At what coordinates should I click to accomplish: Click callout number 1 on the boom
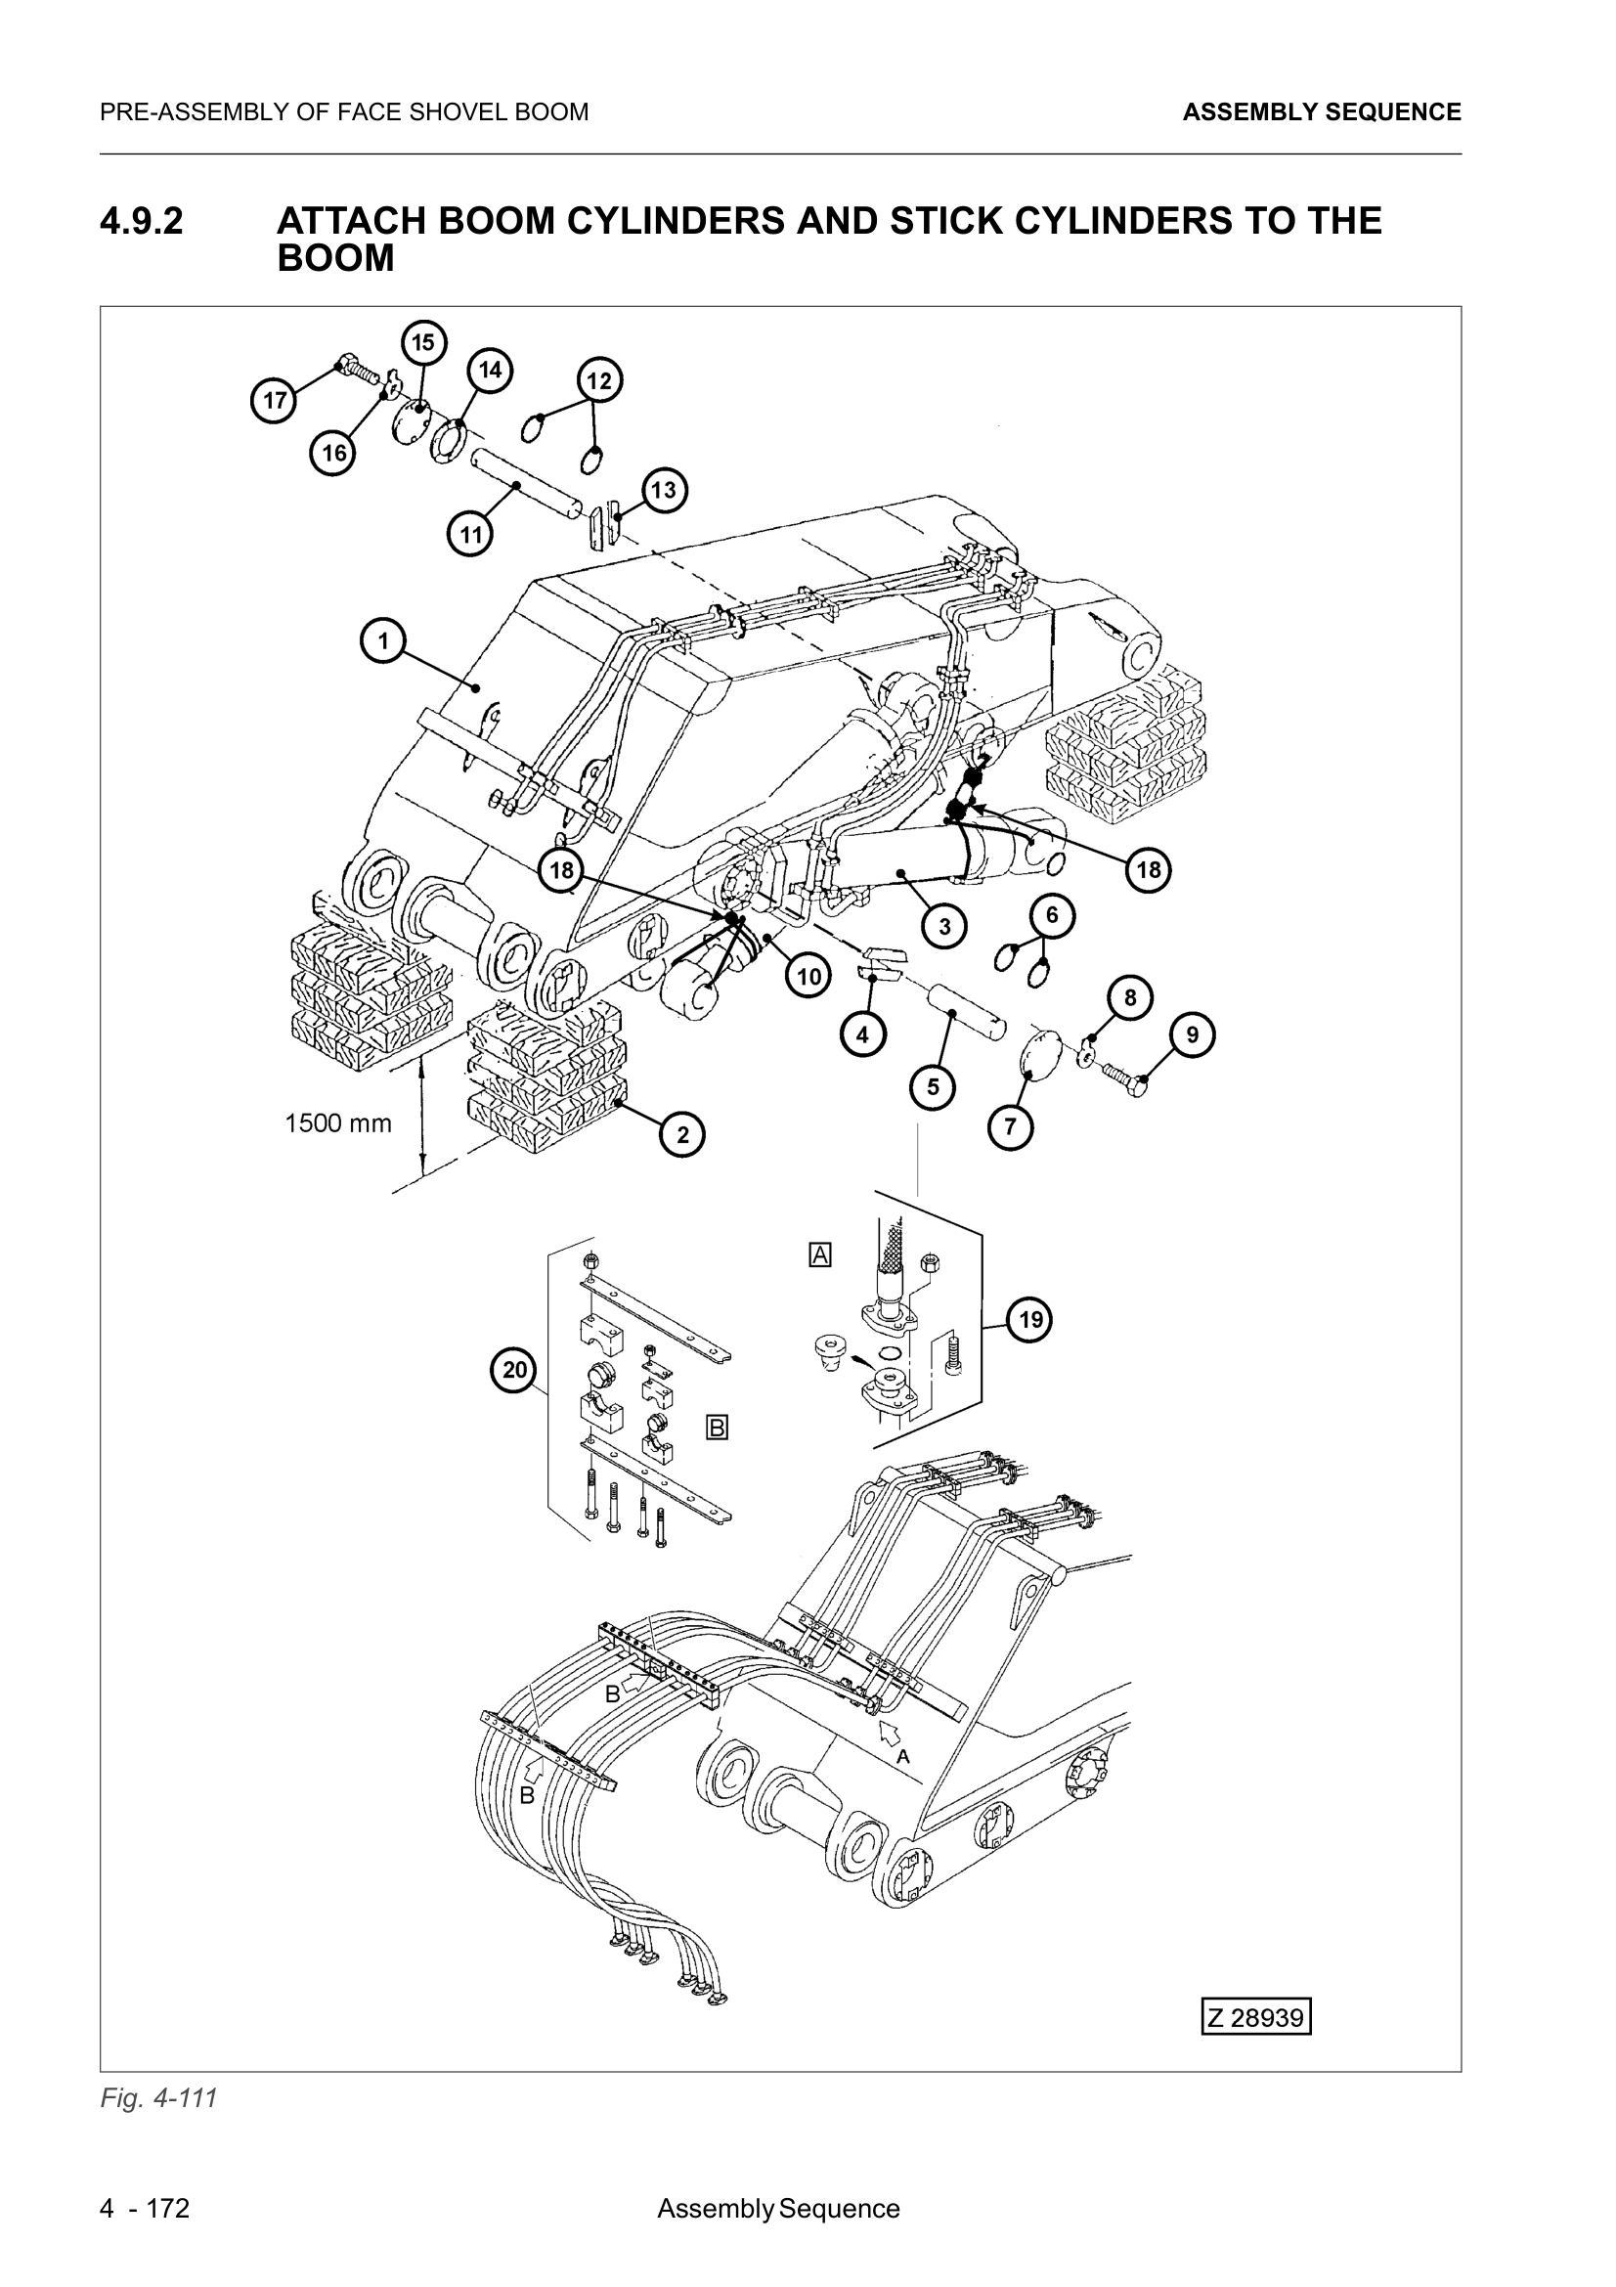[x=383, y=640]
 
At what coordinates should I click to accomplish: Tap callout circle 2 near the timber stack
[x=683, y=1134]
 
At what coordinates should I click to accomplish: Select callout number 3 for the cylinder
[x=944, y=926]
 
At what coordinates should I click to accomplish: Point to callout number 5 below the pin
[x=933, y=1086]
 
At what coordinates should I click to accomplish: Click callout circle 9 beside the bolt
[x=1193, y=1034]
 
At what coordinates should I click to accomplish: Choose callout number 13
[x=663, y=490]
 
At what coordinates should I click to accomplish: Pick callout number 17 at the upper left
[x=274, y=402]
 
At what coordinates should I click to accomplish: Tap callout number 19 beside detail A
[x=1030, y=1320]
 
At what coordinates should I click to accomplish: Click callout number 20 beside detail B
[x=514, y=1370]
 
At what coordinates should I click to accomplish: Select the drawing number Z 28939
[x=1255, y=2017]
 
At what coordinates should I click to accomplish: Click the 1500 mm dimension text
[x=338, y=1123]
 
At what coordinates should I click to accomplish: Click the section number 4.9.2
[x=142, y=221]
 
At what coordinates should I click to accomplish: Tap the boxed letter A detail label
[x=819, y=1255]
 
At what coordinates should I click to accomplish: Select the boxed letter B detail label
[x=717, y=1428]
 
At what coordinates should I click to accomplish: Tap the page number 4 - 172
[x=145, y=2209]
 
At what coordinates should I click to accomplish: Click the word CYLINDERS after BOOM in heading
[x=677, y=221]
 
